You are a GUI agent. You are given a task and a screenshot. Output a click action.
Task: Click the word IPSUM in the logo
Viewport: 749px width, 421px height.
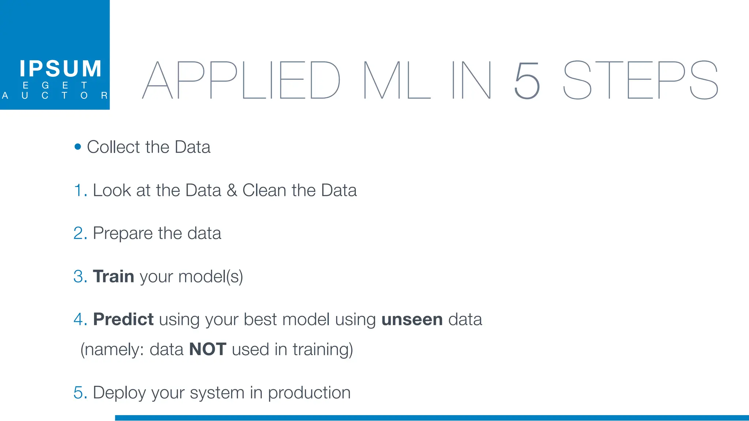tap(60, 69)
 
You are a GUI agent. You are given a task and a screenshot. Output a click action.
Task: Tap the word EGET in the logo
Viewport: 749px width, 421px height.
tap(55, 86)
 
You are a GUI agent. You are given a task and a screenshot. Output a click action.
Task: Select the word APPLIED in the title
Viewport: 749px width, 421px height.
tap(241, 80)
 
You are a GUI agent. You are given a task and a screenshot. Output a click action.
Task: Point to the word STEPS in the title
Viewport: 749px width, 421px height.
tap(640, 80)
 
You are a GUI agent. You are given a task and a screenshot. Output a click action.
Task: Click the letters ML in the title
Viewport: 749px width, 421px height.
tap(397, 80)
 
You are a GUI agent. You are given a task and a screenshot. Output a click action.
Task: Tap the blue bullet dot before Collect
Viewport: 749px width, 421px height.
tap(78, 147)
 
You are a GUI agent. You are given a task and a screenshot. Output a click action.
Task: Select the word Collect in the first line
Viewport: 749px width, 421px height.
tap(113, 147)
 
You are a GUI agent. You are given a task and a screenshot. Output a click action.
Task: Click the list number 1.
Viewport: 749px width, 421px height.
tap(79, 190)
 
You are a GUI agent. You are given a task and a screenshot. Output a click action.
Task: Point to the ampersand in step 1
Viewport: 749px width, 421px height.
tap(232, 190)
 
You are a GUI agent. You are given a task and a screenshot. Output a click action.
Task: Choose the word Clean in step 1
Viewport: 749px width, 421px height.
tap(264, 190)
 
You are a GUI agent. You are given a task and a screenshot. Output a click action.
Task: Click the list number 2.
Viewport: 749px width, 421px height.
tap(79, 234)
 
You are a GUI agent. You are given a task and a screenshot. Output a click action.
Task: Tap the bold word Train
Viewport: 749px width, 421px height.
tap(113, 276)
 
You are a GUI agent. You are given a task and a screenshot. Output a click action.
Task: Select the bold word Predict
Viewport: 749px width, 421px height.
tap(123, 319)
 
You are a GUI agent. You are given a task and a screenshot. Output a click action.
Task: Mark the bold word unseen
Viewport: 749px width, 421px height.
tap(412, 320)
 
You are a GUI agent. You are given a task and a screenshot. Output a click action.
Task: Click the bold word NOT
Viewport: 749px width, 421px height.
tap(208, 349)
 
